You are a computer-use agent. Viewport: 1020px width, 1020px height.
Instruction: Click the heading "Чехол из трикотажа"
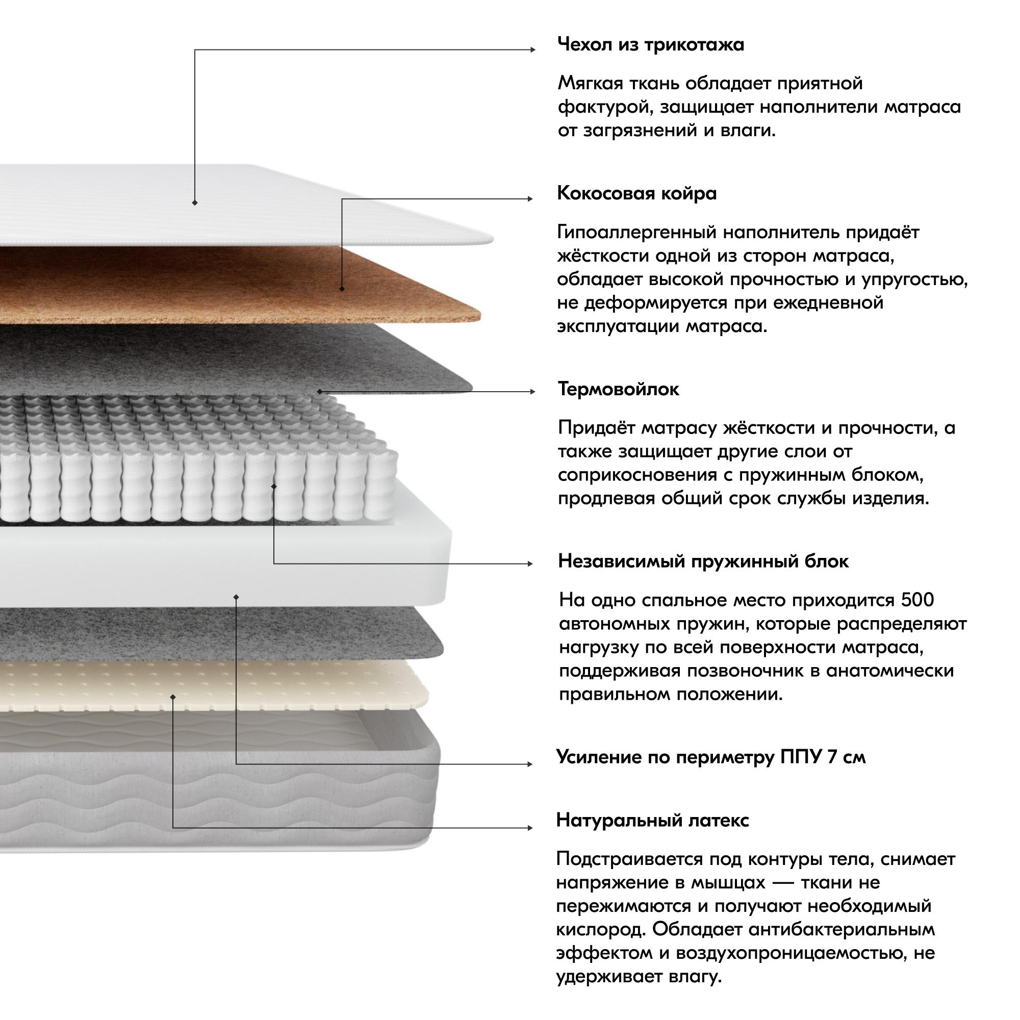pyautogui.click(x=650, y=45)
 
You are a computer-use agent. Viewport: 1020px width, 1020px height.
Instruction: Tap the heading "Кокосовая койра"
pyautogui.click(x=636, y=194)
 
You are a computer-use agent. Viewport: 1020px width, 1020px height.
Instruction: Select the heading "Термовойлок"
pyautogui.click(x=618, y=390)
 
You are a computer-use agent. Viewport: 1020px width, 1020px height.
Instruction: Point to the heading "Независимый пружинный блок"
pyautogui.click(x=703, y=561)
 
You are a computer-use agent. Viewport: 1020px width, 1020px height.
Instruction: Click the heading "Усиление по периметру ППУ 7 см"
pyautogui.click(x=710, y=758)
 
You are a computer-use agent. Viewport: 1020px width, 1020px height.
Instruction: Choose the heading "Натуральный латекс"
pyautogui.click(x=653, y=821)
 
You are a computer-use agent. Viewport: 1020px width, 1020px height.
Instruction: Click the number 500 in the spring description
pyautogui.click(x=917, y=600)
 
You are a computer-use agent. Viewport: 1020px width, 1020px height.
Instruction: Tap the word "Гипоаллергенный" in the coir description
pyautogui.click(x=636, y=232)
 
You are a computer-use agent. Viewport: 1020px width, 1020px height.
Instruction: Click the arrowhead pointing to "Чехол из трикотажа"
pyautogui.click(x=533, y=50)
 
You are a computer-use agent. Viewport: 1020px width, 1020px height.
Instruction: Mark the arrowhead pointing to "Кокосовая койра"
pyautogui.click(x=530, y=199)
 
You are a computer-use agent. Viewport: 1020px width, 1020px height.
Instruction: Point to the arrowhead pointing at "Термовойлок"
pyautogui.click(x=533, y=392)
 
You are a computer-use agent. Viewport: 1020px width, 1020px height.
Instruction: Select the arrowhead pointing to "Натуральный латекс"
pyautogui.click(x=530, y=828)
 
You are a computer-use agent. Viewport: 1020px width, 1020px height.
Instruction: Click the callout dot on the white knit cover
pyautogui.click(x=195, y=203)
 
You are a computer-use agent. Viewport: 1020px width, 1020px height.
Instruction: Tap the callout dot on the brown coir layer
pyautogui.click(x=342, y=289)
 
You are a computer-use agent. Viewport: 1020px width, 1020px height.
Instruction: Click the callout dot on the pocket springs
pyautogui.click(x=273, y=486)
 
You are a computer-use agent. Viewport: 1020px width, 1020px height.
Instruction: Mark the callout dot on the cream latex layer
pyautogui.click(x=173, y=697)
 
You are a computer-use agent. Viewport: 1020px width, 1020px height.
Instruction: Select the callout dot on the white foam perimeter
pyautogui.click(x=236, y=597)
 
